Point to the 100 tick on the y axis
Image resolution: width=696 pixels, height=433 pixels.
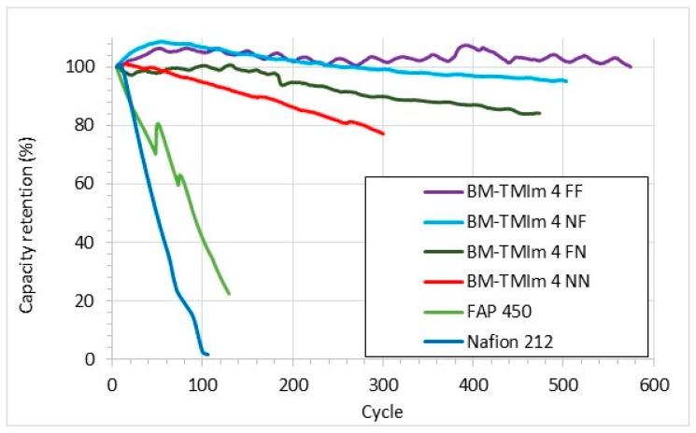pos(93,66)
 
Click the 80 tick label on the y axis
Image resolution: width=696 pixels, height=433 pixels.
pos(97,125)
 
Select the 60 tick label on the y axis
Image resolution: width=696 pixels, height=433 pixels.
pos(97,184)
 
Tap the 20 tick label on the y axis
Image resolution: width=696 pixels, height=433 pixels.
pos(97,300)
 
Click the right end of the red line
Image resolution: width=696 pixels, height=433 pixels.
pos(383,133)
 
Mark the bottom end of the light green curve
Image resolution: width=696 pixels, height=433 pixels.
pos(229,294)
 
